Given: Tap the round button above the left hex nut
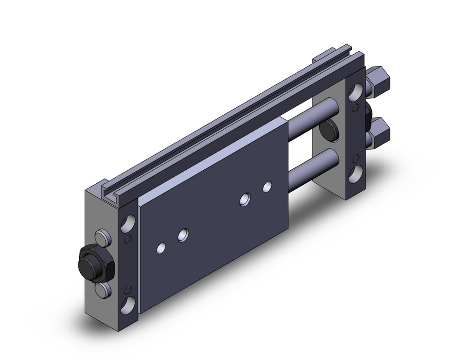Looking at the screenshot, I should pyautogui.click(x=103, y=238).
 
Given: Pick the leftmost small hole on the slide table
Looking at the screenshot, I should pyautogui.click(x=161, y=247).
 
